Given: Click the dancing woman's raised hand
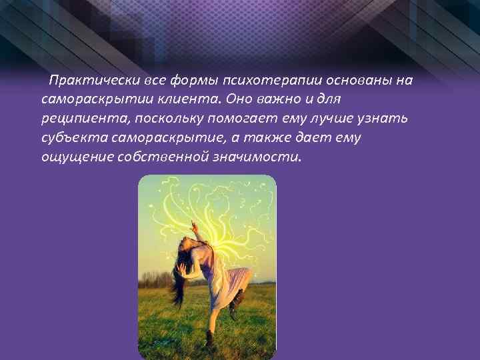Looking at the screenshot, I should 194,227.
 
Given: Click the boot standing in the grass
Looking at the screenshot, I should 209,339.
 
